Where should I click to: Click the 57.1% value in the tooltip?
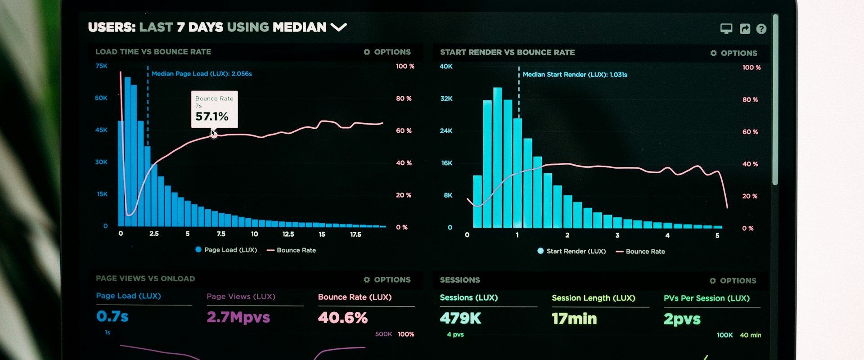tap(211, 117)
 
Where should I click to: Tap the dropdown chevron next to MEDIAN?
tap(338, 27)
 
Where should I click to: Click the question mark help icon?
tap(761, 29)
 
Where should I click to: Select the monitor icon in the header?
tap(726, 29)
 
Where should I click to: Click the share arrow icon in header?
tap(745, 29)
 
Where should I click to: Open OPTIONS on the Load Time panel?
tap(387, 52)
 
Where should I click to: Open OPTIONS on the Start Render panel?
tap(734, 53)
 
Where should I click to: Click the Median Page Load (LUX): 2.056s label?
tap(202, 74)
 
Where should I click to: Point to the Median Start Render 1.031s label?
tap(575, 75)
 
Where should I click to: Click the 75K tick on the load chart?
tap(101, 66)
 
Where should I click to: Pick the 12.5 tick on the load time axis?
tap(288, 234)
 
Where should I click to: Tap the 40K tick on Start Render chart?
tap(446, 67)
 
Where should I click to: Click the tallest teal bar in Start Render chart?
tap(497, 157)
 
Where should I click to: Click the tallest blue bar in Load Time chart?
tap(127, 153)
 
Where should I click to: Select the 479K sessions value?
tap(460, 319)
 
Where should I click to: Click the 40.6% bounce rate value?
tap(342, 318)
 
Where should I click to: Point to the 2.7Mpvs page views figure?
tap(238, 317)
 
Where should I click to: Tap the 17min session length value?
tap(574, 319)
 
